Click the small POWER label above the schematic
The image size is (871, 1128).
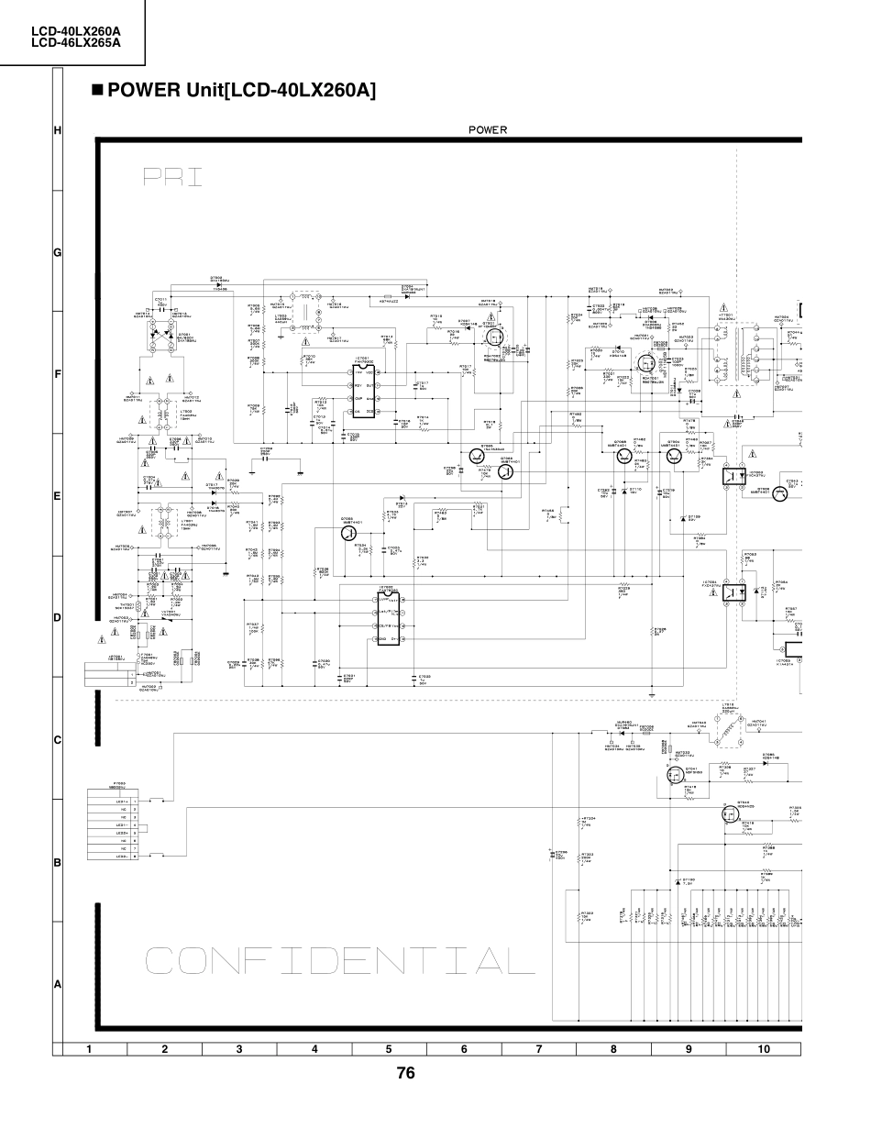click(487, 130)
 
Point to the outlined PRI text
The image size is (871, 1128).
click(172, 177)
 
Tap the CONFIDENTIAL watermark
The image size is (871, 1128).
click(339, 960)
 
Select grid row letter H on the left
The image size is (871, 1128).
click(57, 131)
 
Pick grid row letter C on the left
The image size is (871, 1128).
click(57, 740)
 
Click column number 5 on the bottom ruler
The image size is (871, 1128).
click(389, 1048)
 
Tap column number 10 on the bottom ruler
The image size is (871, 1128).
click(764, 1048)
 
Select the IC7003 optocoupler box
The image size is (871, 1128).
click(732, 478)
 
